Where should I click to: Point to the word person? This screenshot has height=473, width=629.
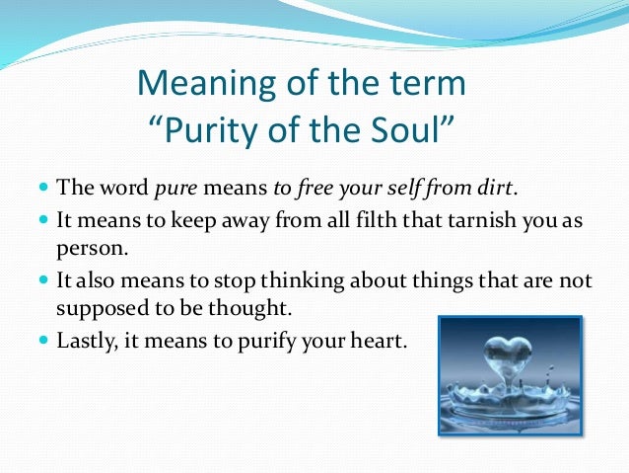[83, 246]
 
